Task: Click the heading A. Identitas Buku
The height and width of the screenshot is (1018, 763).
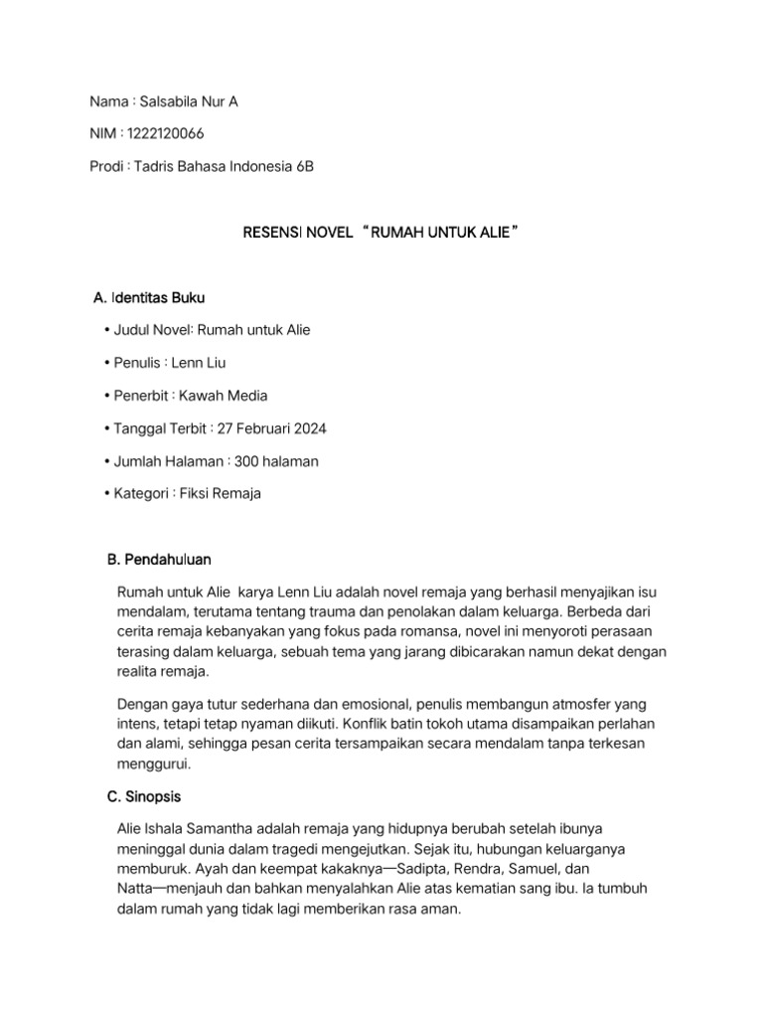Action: tap(149, 298)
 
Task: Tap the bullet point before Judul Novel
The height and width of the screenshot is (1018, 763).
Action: tap(105, 330)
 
